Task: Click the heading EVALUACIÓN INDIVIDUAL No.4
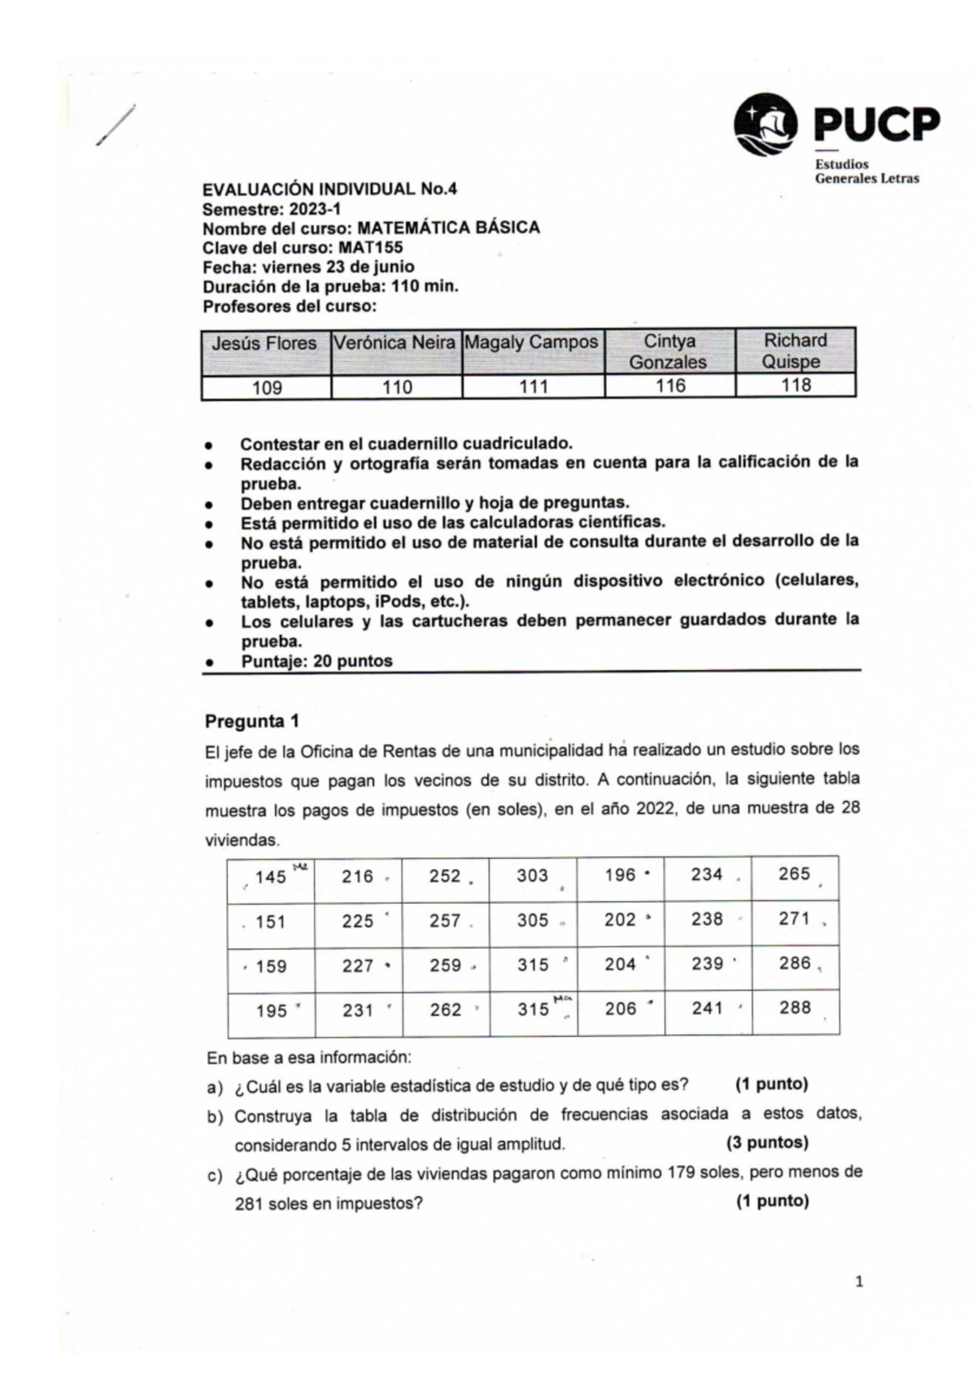click(x=329, y=189)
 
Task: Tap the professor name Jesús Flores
click(x=264, y=343)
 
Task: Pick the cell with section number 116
click(x=670, y=386)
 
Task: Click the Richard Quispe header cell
click(x=795, y=350)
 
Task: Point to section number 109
click(x=267, y=388)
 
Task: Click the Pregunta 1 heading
click(x=252, y=721)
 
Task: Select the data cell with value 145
click(x=270, y=877)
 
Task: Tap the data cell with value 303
click(x=533, y=876)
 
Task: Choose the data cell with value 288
click(x=795, y=1008)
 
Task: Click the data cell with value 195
click(x=272, y=1011)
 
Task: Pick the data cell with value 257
click(x=445, y=921)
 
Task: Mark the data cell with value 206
click(x=621, y=1009)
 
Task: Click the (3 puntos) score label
click(x=767, y=1142)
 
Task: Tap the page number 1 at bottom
click(x=859, y=1283)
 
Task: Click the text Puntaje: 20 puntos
click(x=316, y=661)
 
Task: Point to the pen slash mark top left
click(x=115, y=127)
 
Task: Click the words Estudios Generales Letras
click(x=866, y=172)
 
